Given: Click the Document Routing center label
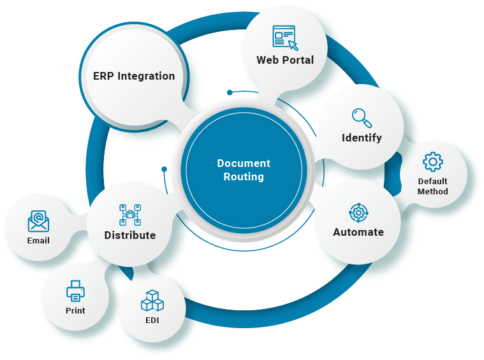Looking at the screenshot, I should click(244, 170).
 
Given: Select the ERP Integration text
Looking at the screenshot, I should click(134, 76).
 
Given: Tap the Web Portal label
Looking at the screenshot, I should click(285, 60).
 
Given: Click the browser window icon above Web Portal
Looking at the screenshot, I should click(284, 38).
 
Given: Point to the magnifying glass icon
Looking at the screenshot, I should click(362, 118).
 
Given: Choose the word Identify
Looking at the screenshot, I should click(362, 138).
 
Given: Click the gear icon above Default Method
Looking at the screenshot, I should click(433, 162).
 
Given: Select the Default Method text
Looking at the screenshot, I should click(433, 186).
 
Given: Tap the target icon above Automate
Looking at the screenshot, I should click(358, 212).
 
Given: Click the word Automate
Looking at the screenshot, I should click(358, 232).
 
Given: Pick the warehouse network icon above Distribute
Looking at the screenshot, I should click(130, 215).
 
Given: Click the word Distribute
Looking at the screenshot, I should click(130, 235).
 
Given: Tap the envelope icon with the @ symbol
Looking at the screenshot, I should click(38, 221).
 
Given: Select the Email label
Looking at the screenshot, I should click(38, 241).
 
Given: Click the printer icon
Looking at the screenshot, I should click(75, 291).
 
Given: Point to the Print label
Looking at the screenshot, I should click(75, 310).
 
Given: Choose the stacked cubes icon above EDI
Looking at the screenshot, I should click(152, 300).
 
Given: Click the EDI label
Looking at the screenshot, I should click(152, 320).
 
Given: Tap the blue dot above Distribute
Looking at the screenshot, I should click(164, 169).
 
